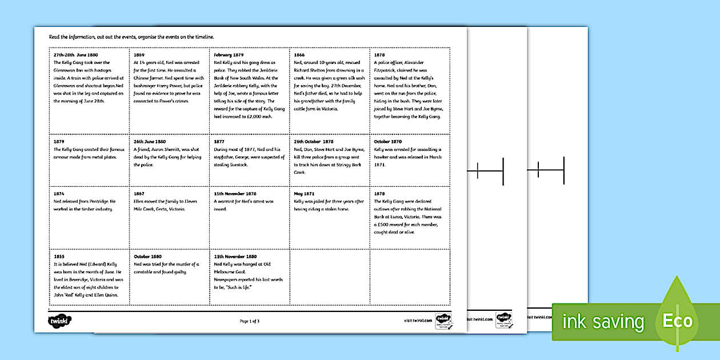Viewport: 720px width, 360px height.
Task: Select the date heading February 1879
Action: [x=229, y=55]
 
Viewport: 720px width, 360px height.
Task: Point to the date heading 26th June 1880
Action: [x=150, y=142]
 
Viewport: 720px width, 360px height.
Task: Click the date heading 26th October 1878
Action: [x=313, y=142]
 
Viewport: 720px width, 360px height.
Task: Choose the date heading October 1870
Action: [x=387, y=142]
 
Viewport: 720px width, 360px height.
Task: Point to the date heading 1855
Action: [x=58, y=257]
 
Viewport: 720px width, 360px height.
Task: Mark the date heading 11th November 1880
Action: [x=235, y=257]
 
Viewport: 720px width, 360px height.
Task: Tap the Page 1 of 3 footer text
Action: [x=250, y=321]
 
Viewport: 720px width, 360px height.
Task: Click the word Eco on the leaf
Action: [x=677, y=321]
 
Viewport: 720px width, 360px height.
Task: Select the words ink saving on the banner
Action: [x=603, y=322]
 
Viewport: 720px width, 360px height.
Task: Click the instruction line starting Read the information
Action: [x=131, y=37]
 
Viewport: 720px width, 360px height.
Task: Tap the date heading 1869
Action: [x=138, y=55]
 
